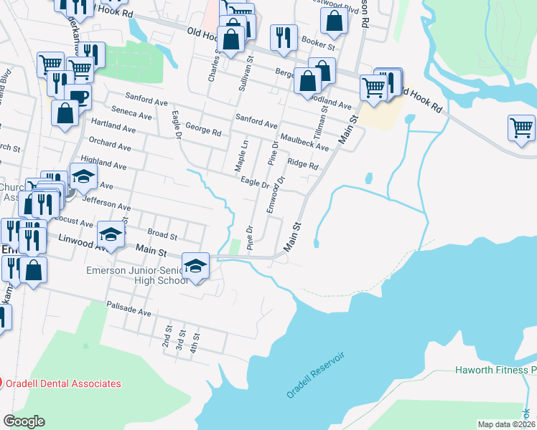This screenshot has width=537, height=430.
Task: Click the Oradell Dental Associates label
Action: coord(63,383)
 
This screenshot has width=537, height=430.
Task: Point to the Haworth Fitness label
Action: coord(496,371)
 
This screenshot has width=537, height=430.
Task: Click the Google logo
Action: coord(24,421)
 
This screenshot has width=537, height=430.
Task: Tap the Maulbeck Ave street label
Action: coord(304,142)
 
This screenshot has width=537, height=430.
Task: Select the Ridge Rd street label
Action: coord(302,164)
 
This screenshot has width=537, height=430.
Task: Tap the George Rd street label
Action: coord(202,131)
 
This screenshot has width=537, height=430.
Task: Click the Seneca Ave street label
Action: coord(131,115)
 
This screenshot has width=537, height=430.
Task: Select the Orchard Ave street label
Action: coord(111,146)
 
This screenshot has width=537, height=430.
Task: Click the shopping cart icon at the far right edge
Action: coord(522,129)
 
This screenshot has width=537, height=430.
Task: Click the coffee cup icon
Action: coord(78,97)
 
